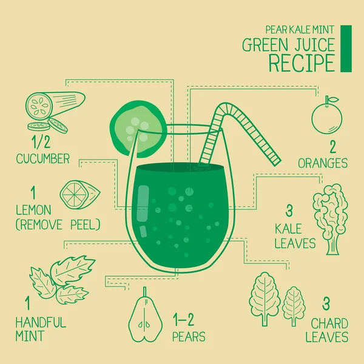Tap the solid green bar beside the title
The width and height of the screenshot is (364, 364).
(346, 48)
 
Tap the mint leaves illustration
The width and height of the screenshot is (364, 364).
(62, 280)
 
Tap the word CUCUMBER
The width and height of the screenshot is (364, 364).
(44, 159)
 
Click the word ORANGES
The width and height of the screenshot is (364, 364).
(323, 163)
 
